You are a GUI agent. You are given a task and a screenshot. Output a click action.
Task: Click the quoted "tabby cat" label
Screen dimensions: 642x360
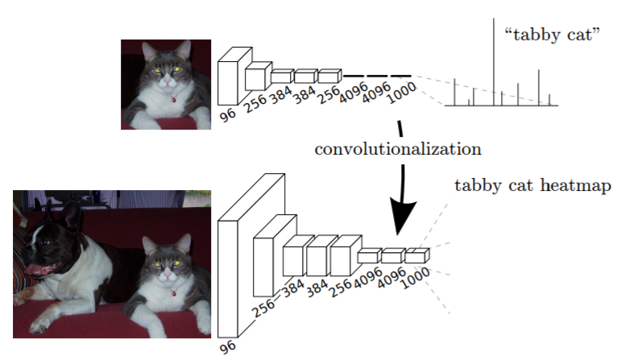552,35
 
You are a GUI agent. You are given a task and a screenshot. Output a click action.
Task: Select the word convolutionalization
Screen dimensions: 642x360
398,149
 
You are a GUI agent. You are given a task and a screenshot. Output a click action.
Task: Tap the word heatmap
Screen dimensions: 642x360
576,185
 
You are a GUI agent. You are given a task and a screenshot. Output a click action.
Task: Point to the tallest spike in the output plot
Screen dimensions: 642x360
493,61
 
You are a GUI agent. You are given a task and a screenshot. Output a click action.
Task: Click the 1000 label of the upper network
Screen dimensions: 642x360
401,93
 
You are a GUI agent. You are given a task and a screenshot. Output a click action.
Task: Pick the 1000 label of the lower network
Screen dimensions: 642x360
415,278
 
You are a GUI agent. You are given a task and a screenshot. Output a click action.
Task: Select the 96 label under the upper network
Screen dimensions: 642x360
228,114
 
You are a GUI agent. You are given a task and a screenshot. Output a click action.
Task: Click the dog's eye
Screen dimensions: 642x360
43,242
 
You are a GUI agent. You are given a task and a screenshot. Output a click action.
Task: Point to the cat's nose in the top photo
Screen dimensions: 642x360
167,81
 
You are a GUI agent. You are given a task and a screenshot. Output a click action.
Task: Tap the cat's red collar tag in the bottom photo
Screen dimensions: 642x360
174,292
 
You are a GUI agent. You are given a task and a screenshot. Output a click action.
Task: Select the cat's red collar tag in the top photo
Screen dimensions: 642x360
174,99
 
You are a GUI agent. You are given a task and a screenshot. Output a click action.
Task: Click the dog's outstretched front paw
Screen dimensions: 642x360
39,325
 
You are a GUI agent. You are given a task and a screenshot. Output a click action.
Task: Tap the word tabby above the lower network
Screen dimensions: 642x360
478,186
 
